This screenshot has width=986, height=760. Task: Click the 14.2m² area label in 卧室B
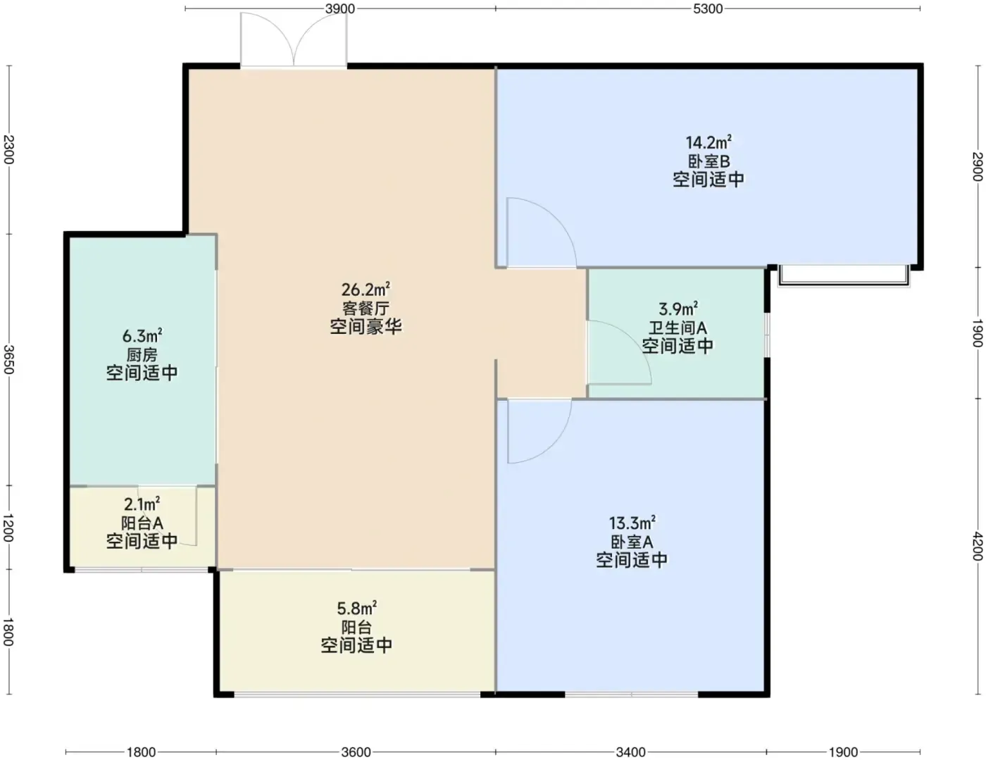click(x=708, y=142)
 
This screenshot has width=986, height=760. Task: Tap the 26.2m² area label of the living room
click(x=366, y=289)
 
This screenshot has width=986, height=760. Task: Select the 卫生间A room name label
click(x=678, y=328)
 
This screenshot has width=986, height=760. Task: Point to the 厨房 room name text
click(x=142, y=355)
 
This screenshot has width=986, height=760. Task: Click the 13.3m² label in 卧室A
click(x=632, y=523)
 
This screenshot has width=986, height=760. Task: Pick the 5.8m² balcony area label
click(x=356, y=608)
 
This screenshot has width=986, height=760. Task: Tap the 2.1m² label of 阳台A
click(x=142, y=504)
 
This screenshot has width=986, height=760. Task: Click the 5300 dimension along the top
click(x=708, y=8)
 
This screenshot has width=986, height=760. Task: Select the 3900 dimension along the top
click(x=340, y=8)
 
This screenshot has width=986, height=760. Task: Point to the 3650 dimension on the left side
click(x=8, y=360)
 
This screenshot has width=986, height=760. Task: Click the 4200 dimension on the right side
click(x=977, y=547)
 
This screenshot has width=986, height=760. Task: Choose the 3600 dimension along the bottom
click(x=356, y=752)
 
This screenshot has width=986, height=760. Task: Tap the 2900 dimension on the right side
click(x=977, y=166)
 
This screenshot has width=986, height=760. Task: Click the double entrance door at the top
click(x=294, y=40)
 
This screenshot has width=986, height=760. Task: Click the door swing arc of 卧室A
click(x=554, y=444)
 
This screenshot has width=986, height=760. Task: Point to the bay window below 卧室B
click(x=844, y=276)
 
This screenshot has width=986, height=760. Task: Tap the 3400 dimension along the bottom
click(x=631, y=752)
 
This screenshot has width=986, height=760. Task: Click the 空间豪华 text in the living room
click(x=366, y=327)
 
